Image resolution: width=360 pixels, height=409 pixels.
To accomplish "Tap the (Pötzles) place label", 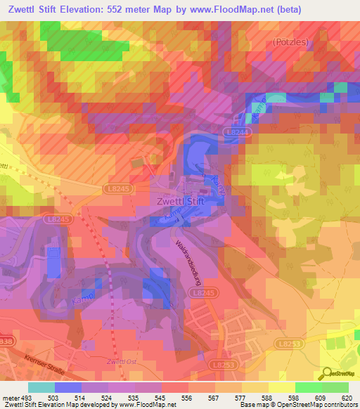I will pos(291,42).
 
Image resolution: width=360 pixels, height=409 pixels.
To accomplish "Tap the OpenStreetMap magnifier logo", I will pos(328,373).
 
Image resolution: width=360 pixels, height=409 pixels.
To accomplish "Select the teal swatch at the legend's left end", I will pos(41,387).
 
